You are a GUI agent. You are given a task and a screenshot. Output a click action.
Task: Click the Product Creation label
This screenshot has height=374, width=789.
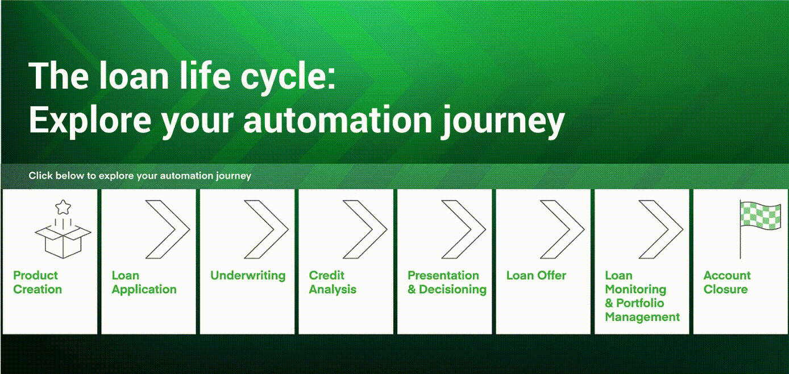37,282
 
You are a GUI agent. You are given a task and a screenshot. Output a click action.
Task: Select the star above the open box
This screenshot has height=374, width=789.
63,205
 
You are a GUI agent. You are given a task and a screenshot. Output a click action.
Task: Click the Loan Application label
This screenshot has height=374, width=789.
144,282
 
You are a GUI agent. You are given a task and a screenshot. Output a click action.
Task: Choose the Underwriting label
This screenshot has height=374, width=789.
248,276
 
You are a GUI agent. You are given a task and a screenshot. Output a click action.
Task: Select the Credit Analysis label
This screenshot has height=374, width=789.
333,282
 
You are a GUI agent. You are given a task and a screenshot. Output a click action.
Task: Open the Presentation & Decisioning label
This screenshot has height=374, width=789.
447,282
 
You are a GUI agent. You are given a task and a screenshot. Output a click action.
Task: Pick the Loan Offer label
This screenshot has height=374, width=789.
536,276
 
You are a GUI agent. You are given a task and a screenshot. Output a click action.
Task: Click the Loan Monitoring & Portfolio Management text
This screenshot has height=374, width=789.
642,296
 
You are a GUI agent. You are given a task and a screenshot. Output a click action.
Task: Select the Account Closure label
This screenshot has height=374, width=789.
726,282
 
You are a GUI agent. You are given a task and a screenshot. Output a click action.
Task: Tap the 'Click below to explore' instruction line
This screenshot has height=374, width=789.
140,176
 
